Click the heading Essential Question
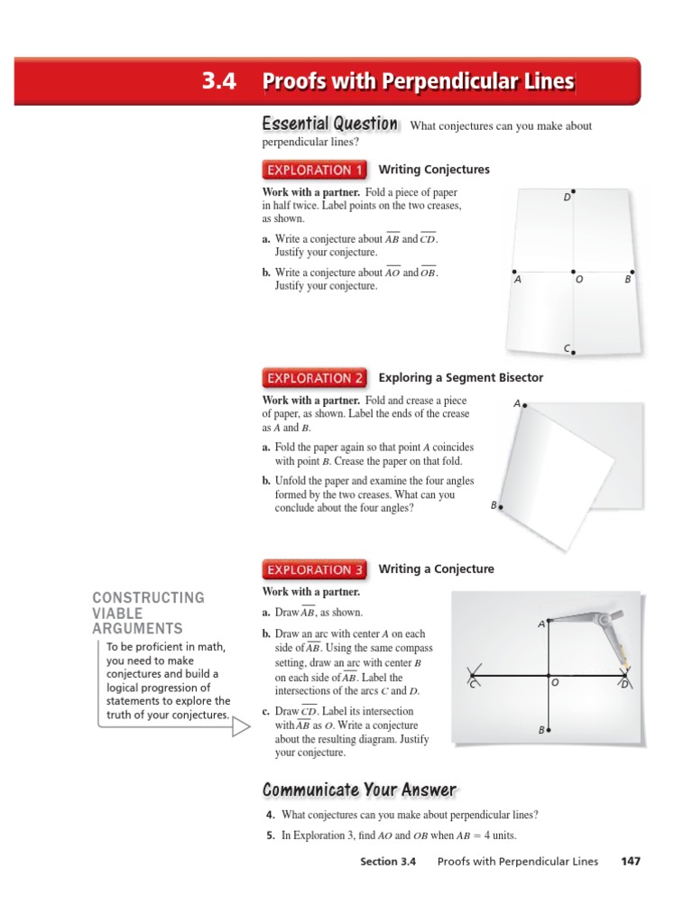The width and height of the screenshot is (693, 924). click(329, 124)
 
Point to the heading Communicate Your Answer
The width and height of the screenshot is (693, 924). click(359, 790)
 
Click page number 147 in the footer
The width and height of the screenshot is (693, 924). click(630, 861)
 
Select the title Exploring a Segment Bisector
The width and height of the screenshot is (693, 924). click(461, 378)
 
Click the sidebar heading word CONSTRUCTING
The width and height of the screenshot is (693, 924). click(148, 597)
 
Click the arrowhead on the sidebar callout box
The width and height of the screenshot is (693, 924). click(241, 726)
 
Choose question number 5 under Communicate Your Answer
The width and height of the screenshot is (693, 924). click(270, 836)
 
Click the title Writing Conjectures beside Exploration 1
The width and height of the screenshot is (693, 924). click(434, 170)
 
